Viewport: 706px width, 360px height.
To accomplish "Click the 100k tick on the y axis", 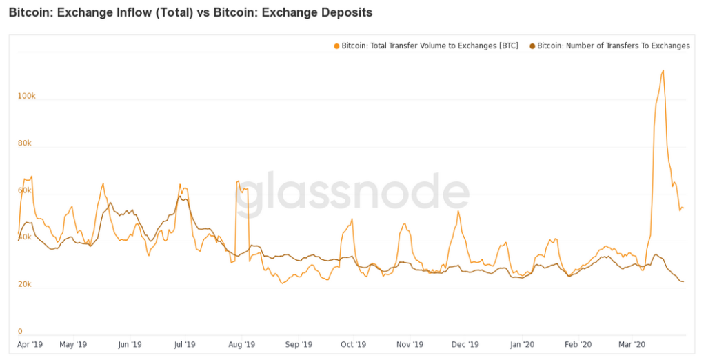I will [26, 96].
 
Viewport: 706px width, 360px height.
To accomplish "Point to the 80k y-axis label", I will [25, 143].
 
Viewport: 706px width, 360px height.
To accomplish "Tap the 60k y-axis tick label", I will [25, 190].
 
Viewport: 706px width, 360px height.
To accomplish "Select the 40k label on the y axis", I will [25, 237].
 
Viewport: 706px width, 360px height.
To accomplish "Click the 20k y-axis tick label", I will [25, 284].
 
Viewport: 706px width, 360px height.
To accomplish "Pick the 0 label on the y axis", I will [20, 331].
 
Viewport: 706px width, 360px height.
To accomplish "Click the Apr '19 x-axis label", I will [30, 343].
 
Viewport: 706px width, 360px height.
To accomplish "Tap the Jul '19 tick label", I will [185, 343].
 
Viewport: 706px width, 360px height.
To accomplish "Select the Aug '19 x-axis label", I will [241, 343].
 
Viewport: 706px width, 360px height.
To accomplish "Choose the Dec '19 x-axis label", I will [465, 343].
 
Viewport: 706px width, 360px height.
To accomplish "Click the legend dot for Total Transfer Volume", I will [336, 46].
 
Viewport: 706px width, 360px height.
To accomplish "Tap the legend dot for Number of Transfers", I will [532, 46].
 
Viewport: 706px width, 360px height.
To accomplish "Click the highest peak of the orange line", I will [663, 70].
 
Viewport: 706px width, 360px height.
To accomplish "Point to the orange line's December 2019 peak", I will [457, 211].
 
